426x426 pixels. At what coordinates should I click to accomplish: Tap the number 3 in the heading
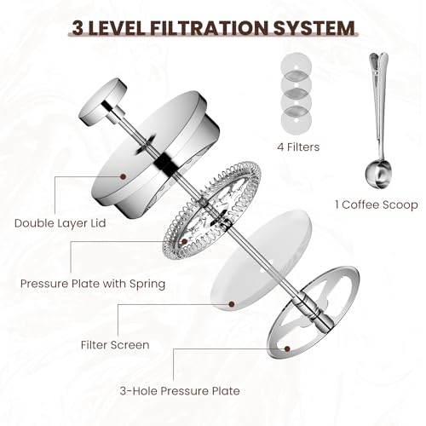[78, 27]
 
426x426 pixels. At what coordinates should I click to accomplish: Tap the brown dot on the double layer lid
[122, 176]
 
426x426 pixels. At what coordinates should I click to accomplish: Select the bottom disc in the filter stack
[293, 121]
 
